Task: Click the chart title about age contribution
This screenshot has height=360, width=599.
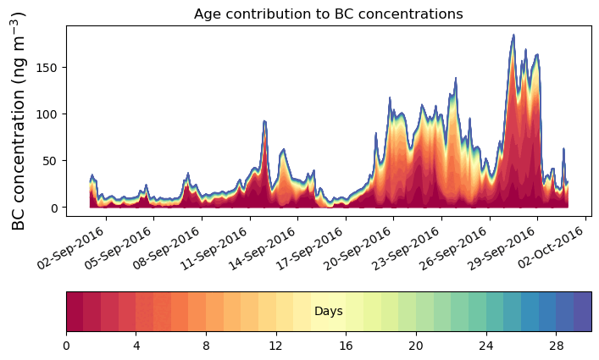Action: pos(328,14)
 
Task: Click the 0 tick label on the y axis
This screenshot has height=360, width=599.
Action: pos(53,208)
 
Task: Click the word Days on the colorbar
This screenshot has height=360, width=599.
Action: pos(328,312)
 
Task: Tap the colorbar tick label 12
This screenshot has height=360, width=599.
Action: pos(275,346)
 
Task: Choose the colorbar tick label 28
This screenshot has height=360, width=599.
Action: pos(556,346)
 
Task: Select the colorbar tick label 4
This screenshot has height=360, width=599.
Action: pos(136,346)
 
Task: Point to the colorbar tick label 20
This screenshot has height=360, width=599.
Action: pos(416,346)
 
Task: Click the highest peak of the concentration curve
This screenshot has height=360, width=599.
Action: pos(513,36)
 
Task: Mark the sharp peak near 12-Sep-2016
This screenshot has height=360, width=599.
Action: pos(264,121)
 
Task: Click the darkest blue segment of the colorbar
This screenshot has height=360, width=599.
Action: pos(582,312)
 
